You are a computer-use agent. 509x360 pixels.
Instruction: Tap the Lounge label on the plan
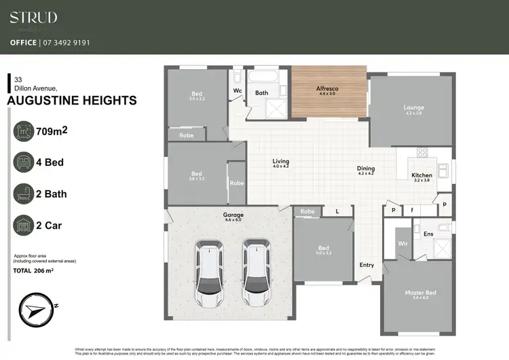pos(413,107)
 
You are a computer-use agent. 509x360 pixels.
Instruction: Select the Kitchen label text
pos(421,175)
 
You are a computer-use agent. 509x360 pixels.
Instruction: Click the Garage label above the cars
pos(233,215)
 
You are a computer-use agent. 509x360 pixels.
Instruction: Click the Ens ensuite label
pos(428,234)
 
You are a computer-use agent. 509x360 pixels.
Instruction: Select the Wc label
pos(238,90)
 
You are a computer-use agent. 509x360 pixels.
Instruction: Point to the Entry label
pos(366,265)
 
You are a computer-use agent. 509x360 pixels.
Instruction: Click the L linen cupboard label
pos(337,212)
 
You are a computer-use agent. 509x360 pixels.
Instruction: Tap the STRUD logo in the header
pos(33,18)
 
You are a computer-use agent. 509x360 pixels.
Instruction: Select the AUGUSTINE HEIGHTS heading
pos(71,101)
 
